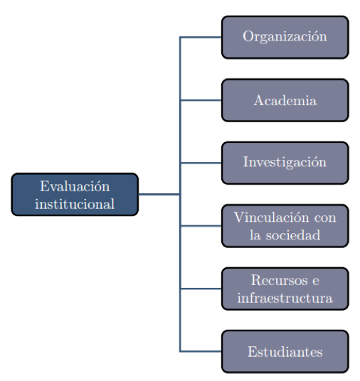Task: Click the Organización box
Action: pos(285,37)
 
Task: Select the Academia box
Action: pos(285,100)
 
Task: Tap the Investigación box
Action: pos(285,163)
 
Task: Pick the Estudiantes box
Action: pos(285,351)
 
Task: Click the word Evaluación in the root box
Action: pos(75,186)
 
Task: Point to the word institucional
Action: pos(75,203)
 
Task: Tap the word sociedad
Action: pos(293,235)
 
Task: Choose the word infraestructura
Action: pos(285,298)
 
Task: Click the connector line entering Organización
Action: pos(201,37)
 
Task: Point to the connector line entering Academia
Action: pos(201,100)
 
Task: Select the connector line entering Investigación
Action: pos(201,163)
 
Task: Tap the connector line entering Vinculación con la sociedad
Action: pos(201,226)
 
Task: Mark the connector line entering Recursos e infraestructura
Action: pos(201,289)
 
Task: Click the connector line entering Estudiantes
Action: pos(201,351)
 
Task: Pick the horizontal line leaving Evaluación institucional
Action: pos(159,194)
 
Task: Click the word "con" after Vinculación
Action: pos(325,218)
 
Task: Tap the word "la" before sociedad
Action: pos(255,235)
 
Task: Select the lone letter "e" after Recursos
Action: pos(316,281)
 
